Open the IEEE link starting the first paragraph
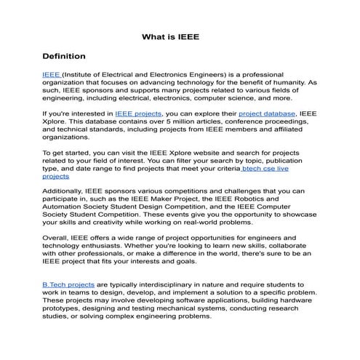[x=50, y=74]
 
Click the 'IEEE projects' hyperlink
[x=138, y=113]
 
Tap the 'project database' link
[x=266, y=113]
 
